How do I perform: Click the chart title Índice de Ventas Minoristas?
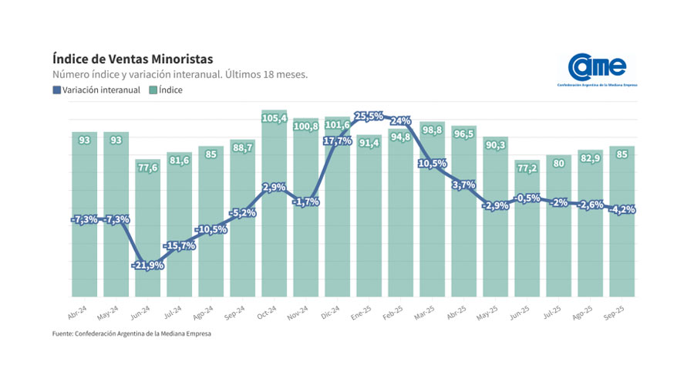click(x=133, y=59)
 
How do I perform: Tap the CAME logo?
click(x=597, y=67)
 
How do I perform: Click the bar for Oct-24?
click(x=275, y=232)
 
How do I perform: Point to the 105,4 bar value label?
click(x=275, y=118)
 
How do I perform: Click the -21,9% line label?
click(x=148, y=265)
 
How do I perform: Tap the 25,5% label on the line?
click(x=369, y=116)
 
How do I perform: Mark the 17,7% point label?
click(x=337, y=141)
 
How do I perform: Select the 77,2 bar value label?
click(x=527, y=168)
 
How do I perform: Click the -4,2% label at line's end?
click(x=622, y=209)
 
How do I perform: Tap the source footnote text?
click(x=132, y=334)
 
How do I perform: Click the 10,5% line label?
click(x=432, y=164)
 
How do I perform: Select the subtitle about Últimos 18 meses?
click(x=180, y=75)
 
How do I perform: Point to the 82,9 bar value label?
click(x=590, y=157)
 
